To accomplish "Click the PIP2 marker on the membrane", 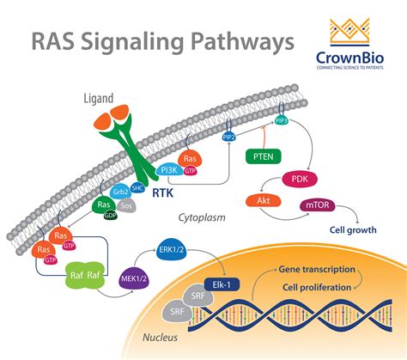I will click(230, 136).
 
